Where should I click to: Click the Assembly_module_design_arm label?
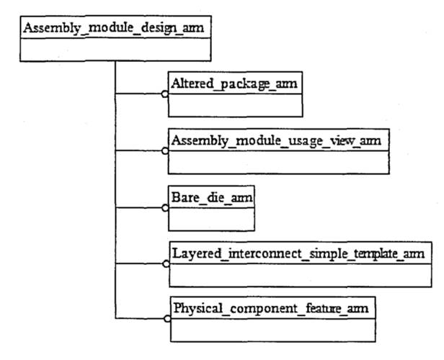(113, 29)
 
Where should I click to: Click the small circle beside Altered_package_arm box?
(165, 94)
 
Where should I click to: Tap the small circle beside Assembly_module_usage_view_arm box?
(165, 151)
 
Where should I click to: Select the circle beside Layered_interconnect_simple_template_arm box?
(165, 264)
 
